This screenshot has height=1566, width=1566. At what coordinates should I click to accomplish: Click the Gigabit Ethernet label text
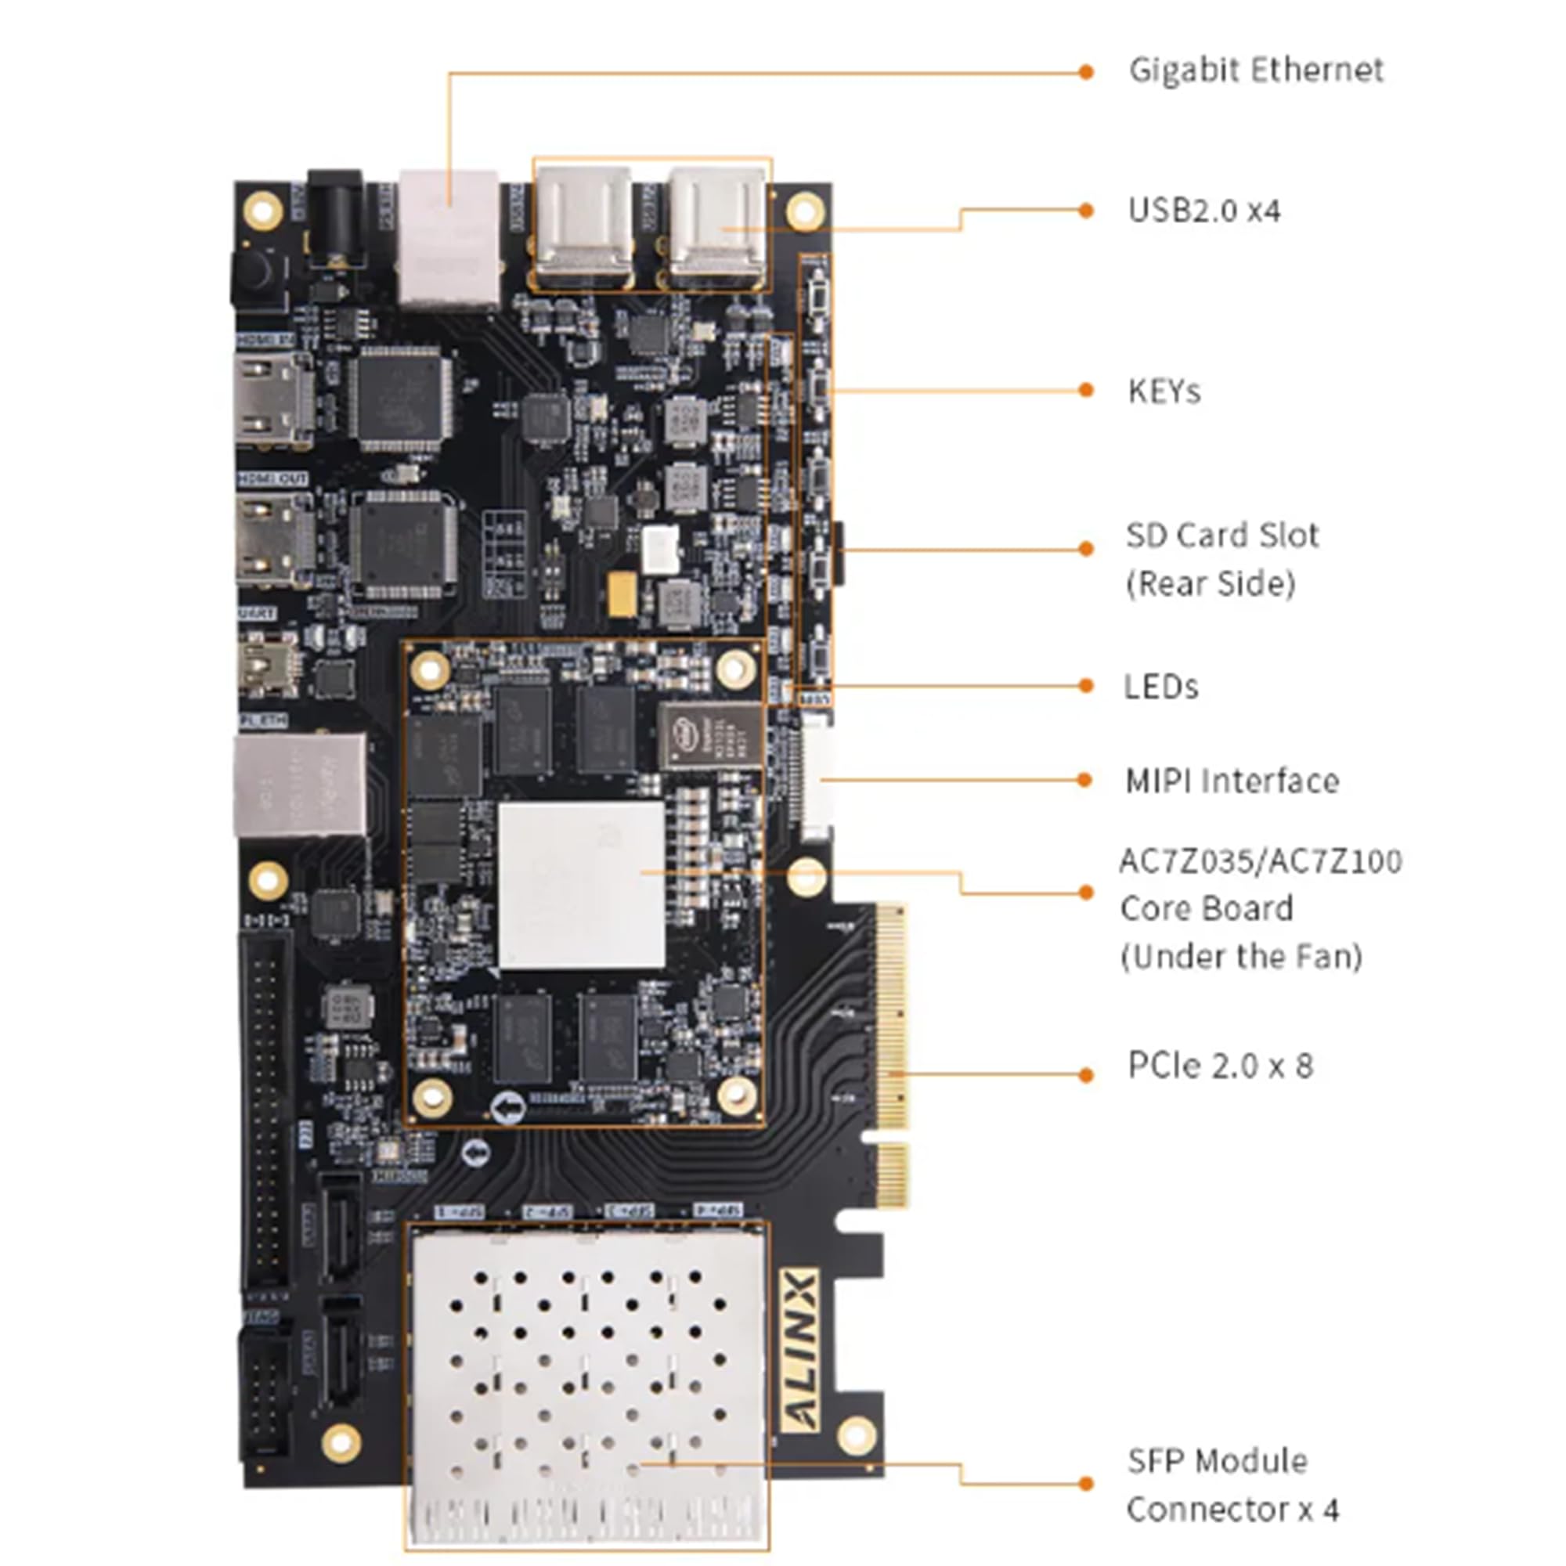[1256, 70]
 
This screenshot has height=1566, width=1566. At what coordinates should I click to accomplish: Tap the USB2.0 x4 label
[1203, 211]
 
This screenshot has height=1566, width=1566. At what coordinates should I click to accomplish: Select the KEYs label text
[1164, 391]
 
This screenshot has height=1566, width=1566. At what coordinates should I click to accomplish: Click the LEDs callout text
[1160, 687]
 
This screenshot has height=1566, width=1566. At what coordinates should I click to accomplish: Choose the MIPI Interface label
[1231, 781]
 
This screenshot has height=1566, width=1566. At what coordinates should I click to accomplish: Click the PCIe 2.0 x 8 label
[1220, 1066]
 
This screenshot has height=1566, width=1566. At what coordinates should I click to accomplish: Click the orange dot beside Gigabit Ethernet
[1086, 72]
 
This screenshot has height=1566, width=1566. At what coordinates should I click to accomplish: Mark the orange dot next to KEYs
[1086, 391]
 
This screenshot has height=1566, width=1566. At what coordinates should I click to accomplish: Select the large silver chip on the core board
[581, 885]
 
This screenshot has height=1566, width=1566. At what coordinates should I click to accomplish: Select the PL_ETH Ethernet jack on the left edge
[298, 785]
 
